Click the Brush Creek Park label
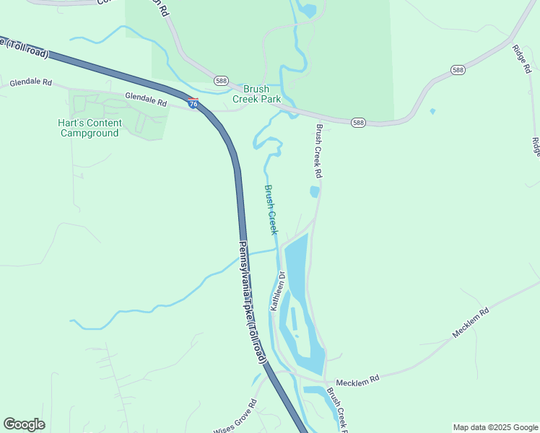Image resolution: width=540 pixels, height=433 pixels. pos(256,94)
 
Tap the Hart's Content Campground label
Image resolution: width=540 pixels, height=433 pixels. pos(90,128)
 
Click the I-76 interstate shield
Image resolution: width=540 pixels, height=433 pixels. pos(193,103)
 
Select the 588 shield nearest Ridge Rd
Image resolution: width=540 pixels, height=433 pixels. pos(458,69)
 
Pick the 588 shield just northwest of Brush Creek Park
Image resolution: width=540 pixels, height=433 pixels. pos(221,80)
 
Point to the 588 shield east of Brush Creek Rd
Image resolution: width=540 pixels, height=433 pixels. pos(359,123)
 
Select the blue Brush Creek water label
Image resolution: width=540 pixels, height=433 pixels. pos(271,209)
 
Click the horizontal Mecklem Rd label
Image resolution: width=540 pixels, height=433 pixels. pos(357,380)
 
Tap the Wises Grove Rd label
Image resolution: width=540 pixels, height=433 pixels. pos(235,417)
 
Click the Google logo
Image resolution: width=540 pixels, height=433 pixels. pos(24,424)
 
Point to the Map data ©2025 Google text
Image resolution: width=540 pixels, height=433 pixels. pos(495,427)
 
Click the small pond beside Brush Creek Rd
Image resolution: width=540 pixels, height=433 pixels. pos(314,191)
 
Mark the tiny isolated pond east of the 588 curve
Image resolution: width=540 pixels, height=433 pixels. pos(432,111)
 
